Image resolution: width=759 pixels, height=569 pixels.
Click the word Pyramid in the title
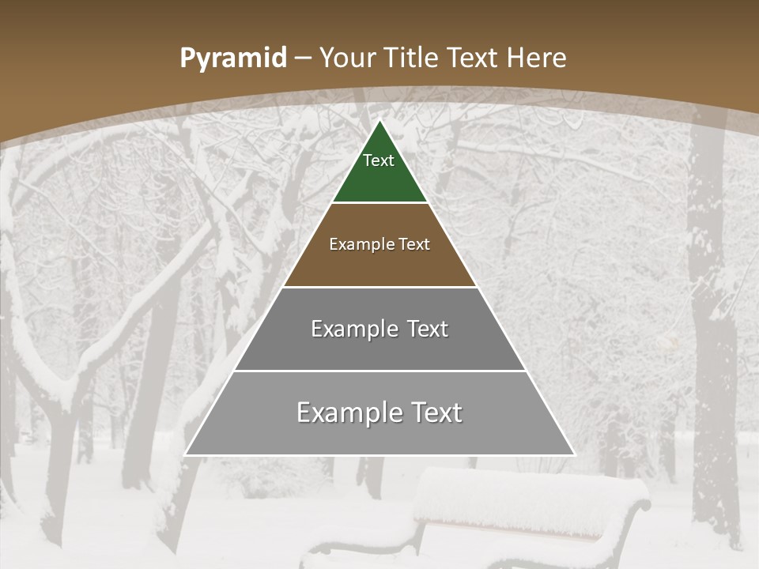(x=232, y=58)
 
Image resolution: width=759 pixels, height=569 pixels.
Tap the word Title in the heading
(x=412, y=58)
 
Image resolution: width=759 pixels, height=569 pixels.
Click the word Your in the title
(x=347, y=58)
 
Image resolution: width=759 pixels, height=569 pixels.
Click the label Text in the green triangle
(x=379, y=160)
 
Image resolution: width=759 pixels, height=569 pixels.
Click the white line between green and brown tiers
(x=379, y=203)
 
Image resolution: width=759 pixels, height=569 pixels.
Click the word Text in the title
(x=474, y=58)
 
